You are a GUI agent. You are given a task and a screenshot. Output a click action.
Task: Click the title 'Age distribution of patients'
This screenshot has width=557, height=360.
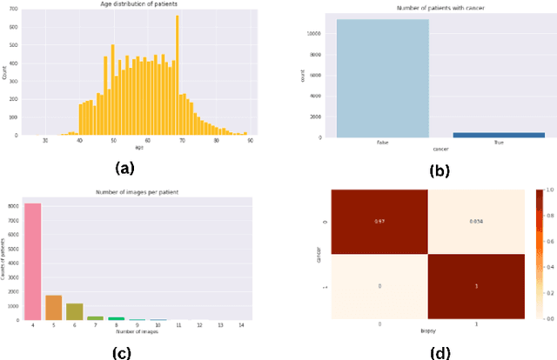pyautogui.click(x=140, y=5)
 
